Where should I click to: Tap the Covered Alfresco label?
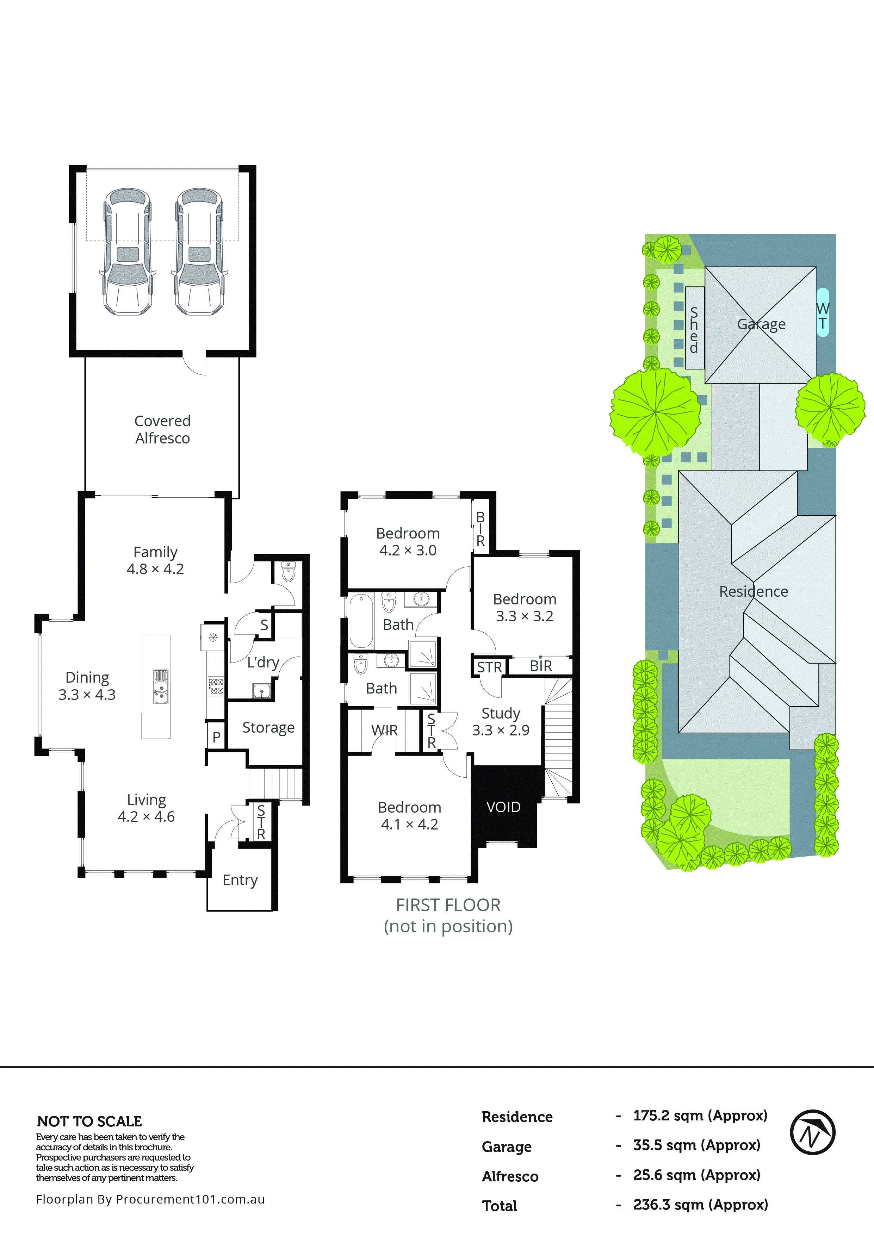162,429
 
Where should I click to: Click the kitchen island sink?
161,686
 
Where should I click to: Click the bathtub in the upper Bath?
361,621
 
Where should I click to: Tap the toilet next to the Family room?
288,572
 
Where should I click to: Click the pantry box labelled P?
216,736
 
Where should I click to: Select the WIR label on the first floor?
384,730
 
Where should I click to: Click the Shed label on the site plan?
694,330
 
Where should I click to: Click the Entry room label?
240,880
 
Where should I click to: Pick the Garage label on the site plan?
761,324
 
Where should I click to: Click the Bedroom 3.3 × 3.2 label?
524,607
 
